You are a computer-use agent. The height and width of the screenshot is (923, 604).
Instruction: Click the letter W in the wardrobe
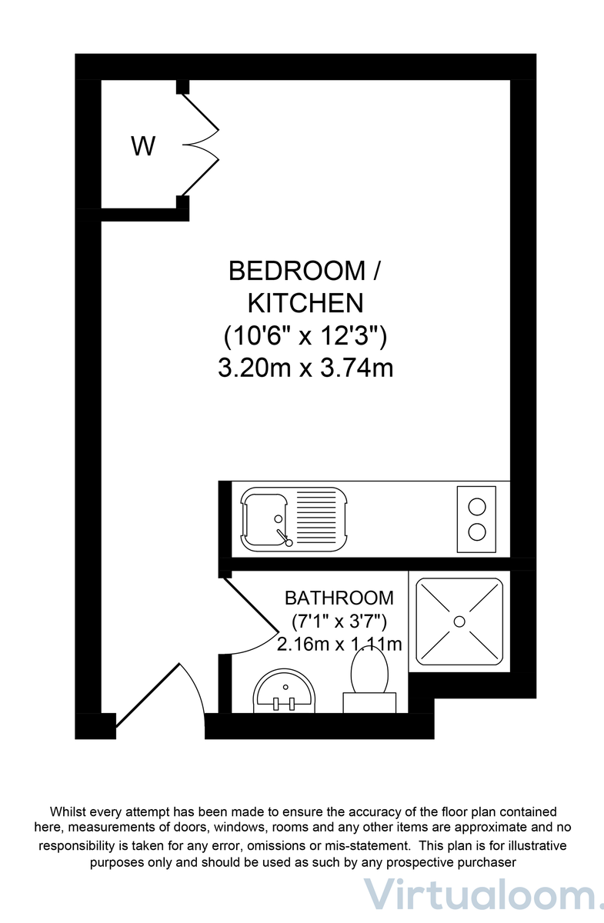(x=143, y=145)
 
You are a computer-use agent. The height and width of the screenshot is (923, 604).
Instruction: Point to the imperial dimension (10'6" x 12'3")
(x=305, y=335)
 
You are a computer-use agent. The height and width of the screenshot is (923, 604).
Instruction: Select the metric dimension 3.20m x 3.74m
(x=305, y=368)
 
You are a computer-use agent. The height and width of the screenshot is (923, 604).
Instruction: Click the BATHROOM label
(x=339, y=598)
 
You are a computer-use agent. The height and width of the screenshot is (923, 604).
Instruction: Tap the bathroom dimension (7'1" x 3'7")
(x=339, y=621)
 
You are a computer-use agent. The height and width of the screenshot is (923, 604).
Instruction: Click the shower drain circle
(x=459, y=621)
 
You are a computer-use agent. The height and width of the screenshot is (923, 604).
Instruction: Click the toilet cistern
(x=369, y=702)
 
